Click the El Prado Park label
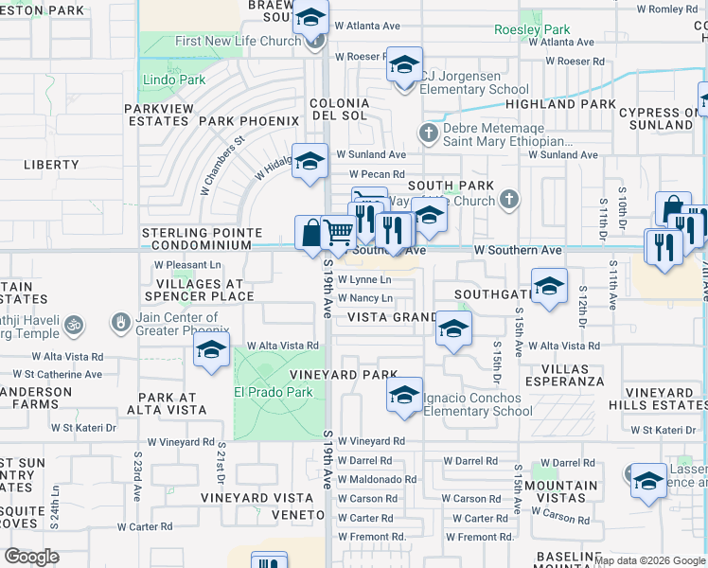[x=274, y=392]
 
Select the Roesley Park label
[x=532, y=29]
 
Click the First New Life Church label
[x=238, y=42]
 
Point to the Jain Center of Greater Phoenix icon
[x=120, y=324]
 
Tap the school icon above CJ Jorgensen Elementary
[x=404, y=65]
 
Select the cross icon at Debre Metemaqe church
[x=429, y=133]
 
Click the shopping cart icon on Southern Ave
[x=338, y=231]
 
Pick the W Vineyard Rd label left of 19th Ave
[x=181, y=442]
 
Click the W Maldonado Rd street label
[x=377, y=479]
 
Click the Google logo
[x=31, y=557]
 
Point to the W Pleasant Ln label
[x=187, y=264]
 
